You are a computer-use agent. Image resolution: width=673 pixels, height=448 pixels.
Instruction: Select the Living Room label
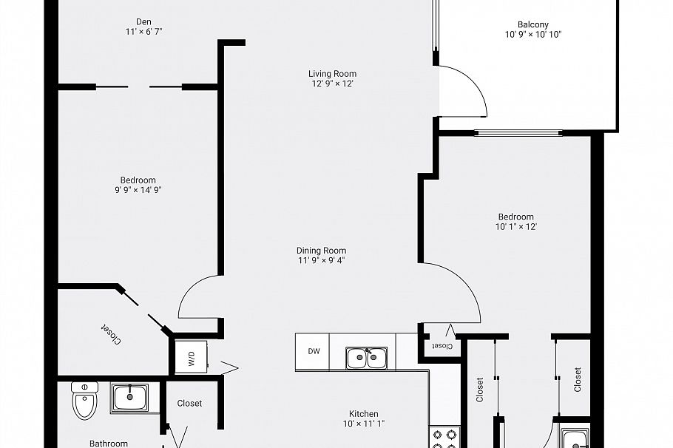332,73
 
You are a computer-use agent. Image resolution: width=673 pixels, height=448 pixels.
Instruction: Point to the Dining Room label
321,251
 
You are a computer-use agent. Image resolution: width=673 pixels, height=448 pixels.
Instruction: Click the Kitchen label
364,414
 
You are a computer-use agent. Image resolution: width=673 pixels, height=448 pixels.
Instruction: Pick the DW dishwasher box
313,351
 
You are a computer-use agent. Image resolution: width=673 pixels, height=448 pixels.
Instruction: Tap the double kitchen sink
367,358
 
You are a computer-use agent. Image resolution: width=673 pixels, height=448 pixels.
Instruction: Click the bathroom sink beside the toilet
129,398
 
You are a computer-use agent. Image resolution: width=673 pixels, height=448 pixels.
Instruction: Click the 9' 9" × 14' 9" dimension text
133,190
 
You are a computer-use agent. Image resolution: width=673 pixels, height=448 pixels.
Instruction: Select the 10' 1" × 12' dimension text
515,227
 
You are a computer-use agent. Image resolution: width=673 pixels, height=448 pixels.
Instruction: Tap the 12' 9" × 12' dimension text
332,84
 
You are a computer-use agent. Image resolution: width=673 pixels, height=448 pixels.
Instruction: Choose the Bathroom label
109,444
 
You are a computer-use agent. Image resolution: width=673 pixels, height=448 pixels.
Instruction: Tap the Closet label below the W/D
189,404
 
